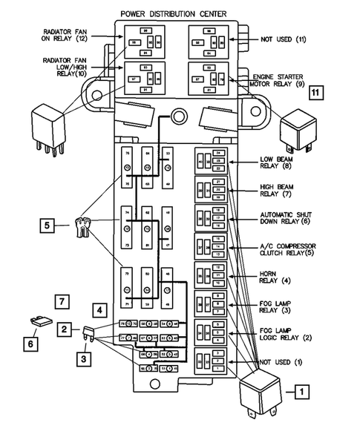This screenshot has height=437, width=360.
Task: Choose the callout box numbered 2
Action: point(66,327)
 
